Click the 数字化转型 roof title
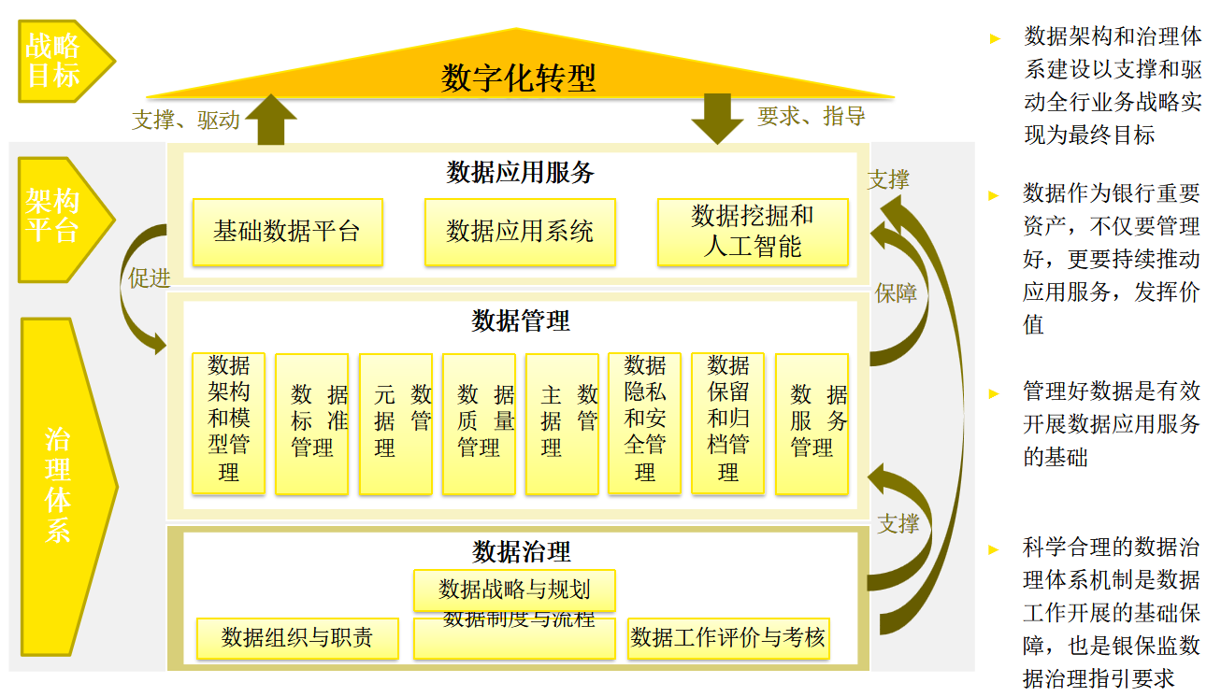(x=518, y=78)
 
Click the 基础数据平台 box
(x=287, y=232)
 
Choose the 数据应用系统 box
(x=520, y=232)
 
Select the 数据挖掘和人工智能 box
(x=753, y=232)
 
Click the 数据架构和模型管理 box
(x=229, y=422)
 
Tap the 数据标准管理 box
(x=312, y=422)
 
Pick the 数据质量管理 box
(x=479, y=422)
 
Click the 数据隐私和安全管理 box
(x=645, y=422)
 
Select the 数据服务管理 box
(x=812, y=422)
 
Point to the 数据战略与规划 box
(x=514, y=589)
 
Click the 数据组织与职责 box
(x=297, y=638)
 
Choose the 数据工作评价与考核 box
(x=727, y=638)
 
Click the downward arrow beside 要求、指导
(x=717, y=119)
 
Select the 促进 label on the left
(x=150, y=278)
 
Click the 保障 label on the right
(x=896, y=293)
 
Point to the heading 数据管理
(x=521, y=321)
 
